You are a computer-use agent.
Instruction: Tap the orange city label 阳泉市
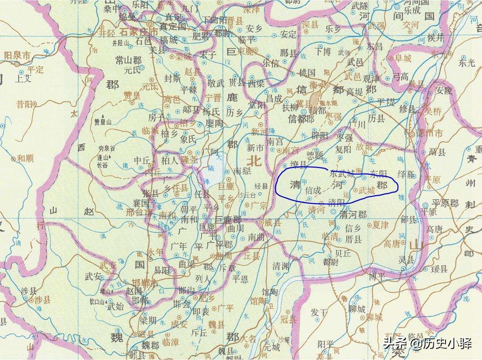[x=17, y=56]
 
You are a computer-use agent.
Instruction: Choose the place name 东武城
[x=342, y=173]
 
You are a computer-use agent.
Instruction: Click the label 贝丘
[x=344, y=253]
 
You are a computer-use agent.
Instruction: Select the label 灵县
[x=407, y=259]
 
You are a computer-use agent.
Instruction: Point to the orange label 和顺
[x=25, y=158]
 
